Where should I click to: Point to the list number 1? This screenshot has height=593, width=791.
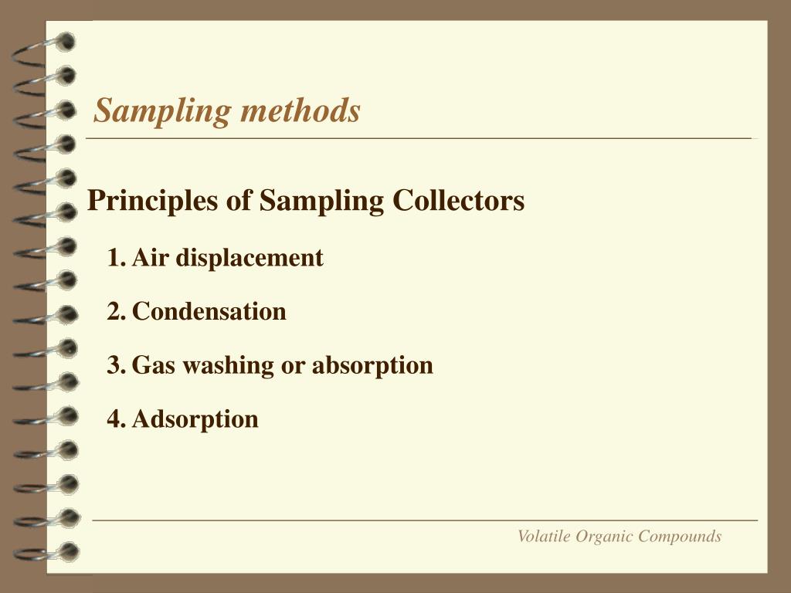116,258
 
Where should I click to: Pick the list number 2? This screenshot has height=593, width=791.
116,312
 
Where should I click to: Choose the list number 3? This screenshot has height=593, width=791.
116,365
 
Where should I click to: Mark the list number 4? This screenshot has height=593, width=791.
116,419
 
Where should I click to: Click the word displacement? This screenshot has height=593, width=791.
250,258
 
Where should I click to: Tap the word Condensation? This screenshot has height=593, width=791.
209,312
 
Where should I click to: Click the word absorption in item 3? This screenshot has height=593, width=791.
372,366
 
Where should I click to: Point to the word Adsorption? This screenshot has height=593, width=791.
195,419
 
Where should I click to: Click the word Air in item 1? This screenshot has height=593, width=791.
150,258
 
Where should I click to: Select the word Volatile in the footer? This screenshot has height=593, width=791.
543,536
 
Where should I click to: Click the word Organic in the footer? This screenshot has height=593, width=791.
599,537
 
